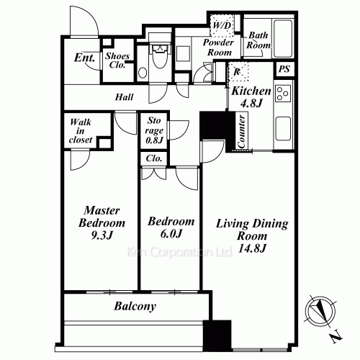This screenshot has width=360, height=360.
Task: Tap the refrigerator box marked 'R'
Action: (x=238, y=72)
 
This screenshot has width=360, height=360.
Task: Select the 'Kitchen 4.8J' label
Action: (x=251, y=96)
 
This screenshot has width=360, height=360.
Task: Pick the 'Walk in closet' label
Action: (x=80, y=132)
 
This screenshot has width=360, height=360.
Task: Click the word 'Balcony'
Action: (x=135, y=306)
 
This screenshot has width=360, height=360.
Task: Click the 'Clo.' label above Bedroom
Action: (x=154, y=158)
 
